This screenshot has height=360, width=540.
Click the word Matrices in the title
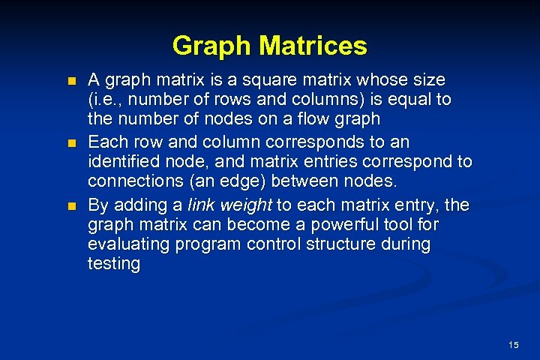[x=313, y=46]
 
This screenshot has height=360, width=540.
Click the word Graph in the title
[x=212, y=46]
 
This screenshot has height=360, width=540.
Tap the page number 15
[x=513, y=345]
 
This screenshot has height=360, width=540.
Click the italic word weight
[x=244, y=204]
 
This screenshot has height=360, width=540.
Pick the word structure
[x=319, y=244]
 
